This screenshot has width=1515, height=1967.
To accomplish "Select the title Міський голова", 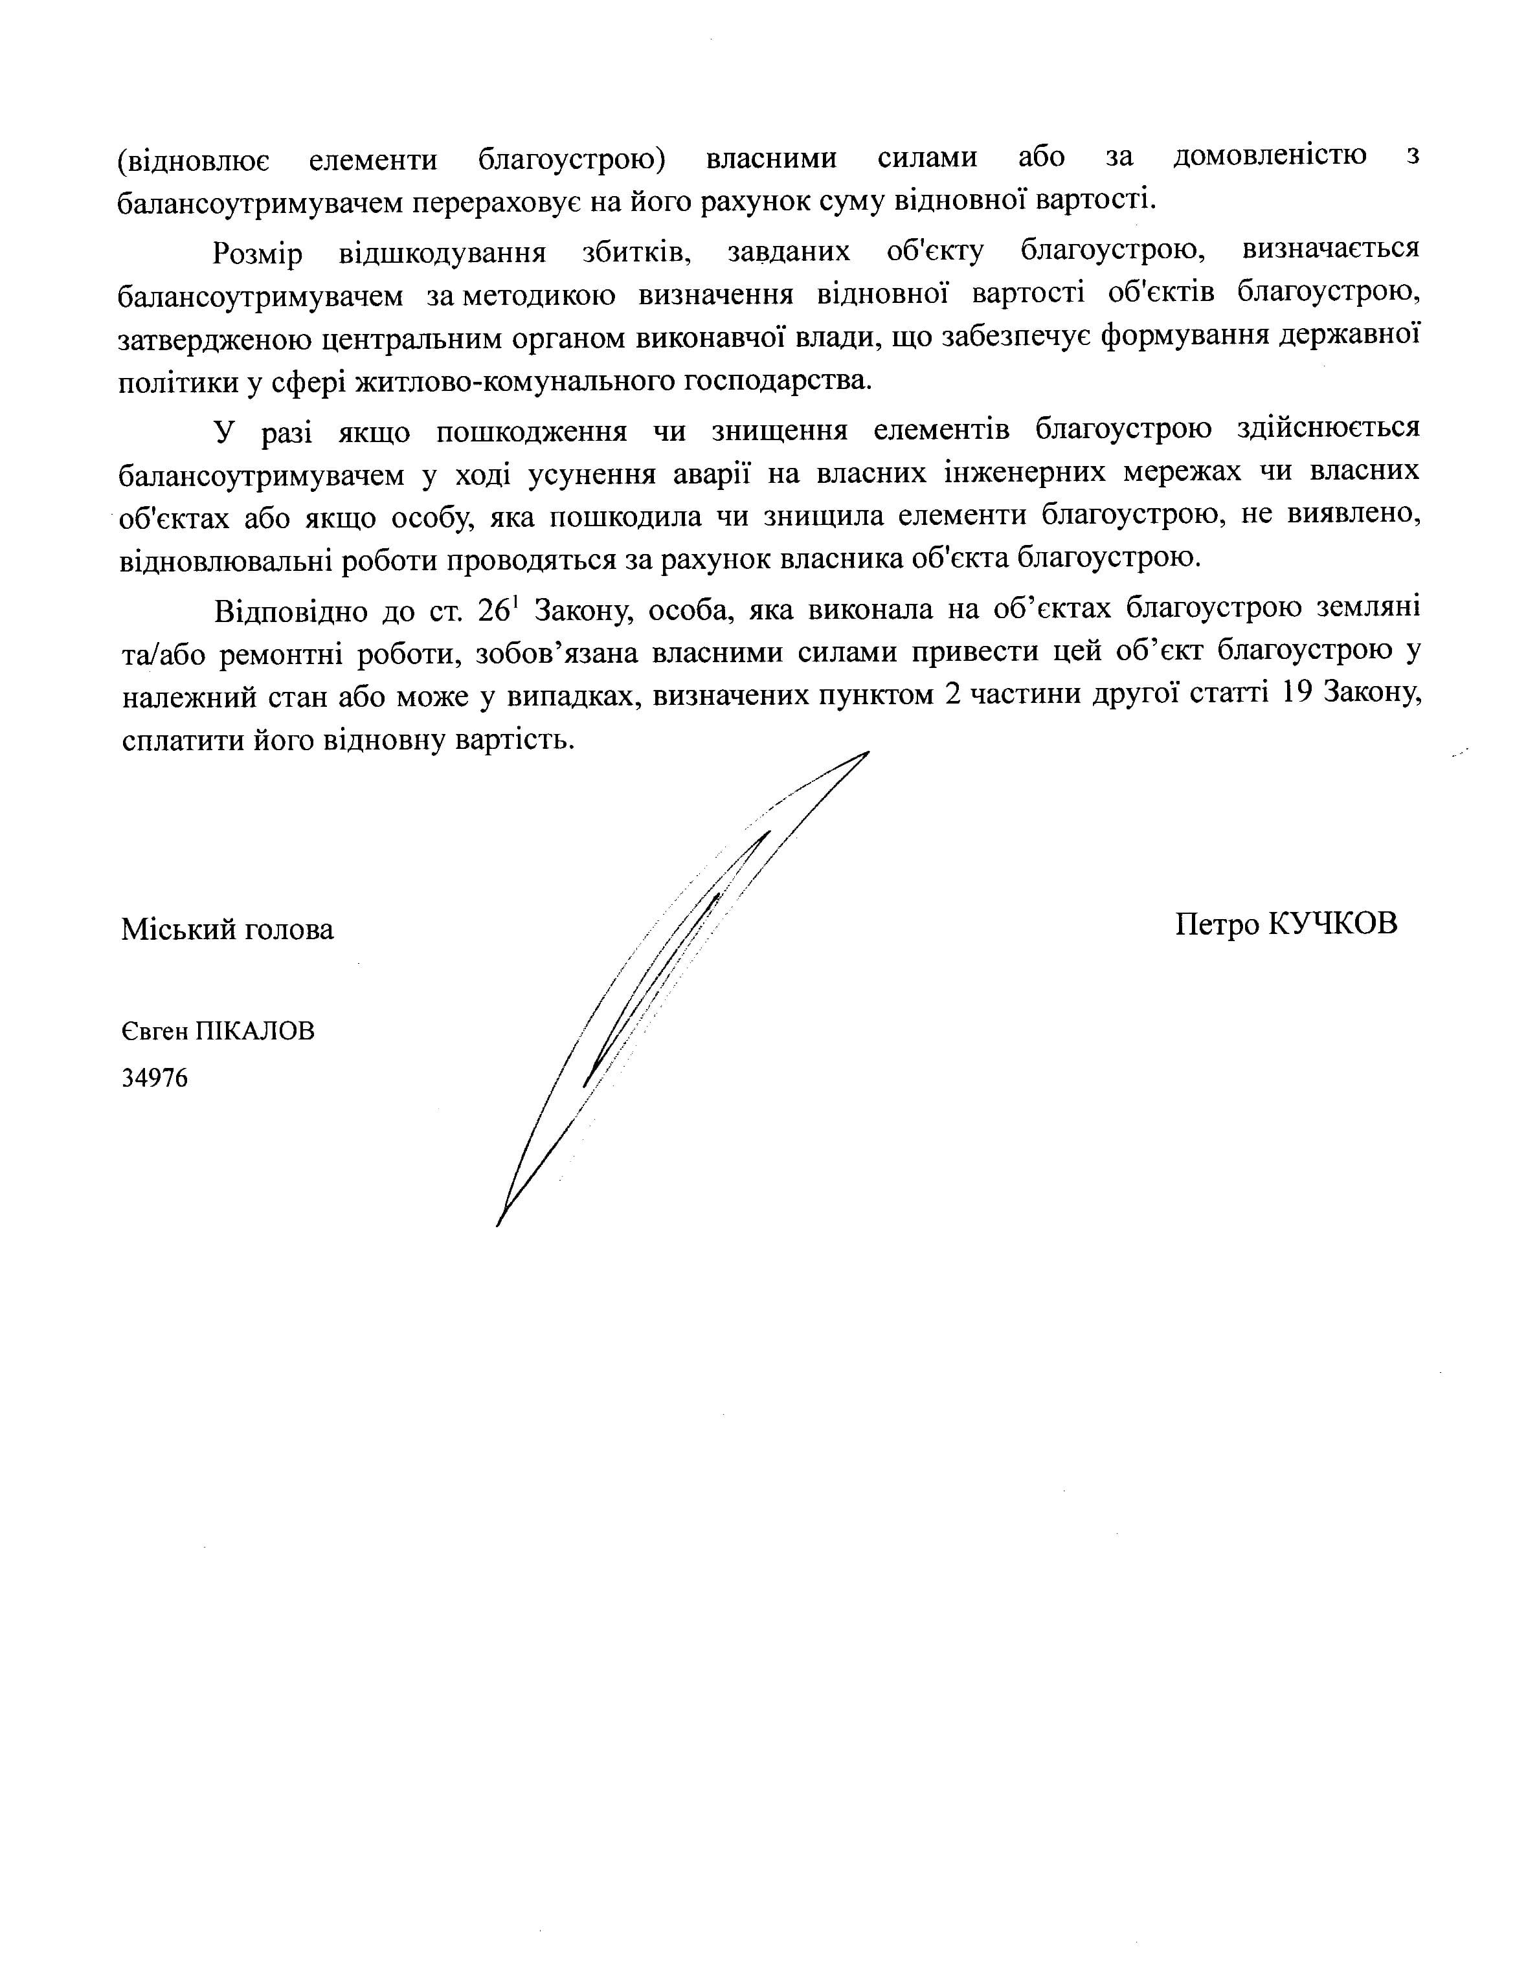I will point(227,929).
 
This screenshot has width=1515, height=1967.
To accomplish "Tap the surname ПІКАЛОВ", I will point(256,1031).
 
